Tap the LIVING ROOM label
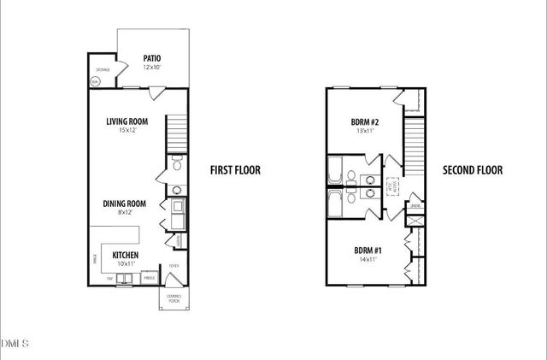(x=128, y=121)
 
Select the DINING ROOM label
(x=125, y=204)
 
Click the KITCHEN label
(x=126, y=255)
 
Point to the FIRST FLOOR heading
(x=235, y=170)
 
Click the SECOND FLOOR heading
(x=472, y=170)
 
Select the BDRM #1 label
(x=368, y=251)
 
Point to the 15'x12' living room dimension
(x=128, y=131)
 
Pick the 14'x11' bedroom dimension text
(x=368, y=260)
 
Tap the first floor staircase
(x=176, y=133)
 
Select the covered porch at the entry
(x=174, y=298)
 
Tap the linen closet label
(x=415, y=206)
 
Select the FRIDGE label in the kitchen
(x=149, y=278)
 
